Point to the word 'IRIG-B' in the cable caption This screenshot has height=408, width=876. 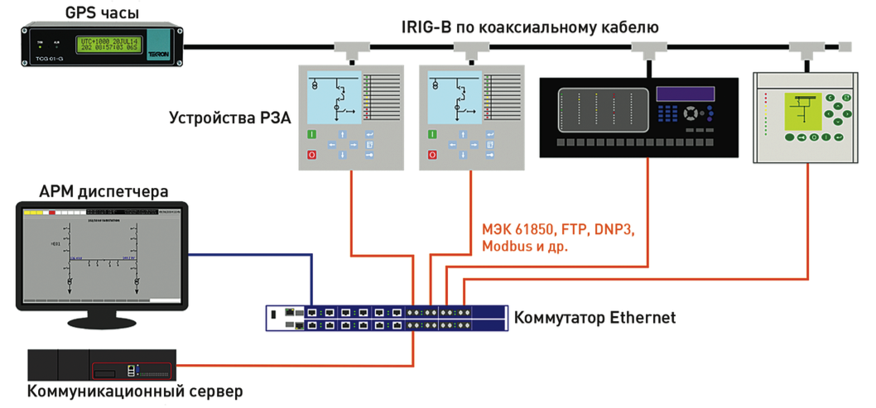(423, 27)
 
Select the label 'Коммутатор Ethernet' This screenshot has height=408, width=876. (594, 317)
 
